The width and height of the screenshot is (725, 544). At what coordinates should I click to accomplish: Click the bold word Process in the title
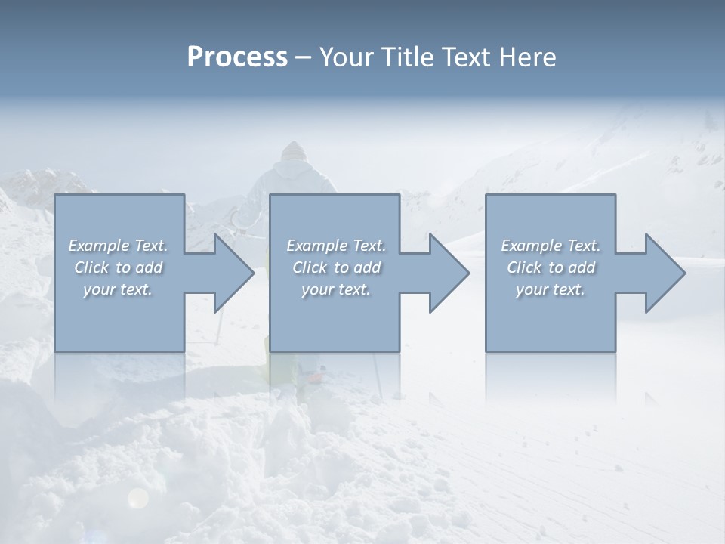pos(237,57)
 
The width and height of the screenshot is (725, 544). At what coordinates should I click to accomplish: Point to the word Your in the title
pos(349,57)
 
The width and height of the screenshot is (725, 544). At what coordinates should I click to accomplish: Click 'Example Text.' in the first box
pos(118,246)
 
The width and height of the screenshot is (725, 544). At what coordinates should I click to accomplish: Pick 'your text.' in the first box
pos(118,289)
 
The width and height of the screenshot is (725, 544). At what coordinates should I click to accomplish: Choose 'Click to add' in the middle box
pos(336,267)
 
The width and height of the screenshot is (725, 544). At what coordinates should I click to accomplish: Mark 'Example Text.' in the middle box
pos(336,246)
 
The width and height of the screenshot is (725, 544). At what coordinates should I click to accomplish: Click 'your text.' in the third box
pos(551,289)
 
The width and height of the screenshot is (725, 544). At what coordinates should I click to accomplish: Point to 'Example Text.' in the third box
pos(551,246)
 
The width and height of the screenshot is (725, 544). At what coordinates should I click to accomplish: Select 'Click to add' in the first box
pos(118,267)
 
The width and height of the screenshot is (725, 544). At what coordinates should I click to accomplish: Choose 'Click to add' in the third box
pos(551,267)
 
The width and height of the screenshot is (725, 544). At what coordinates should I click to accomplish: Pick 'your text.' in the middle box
pos(336,289)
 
